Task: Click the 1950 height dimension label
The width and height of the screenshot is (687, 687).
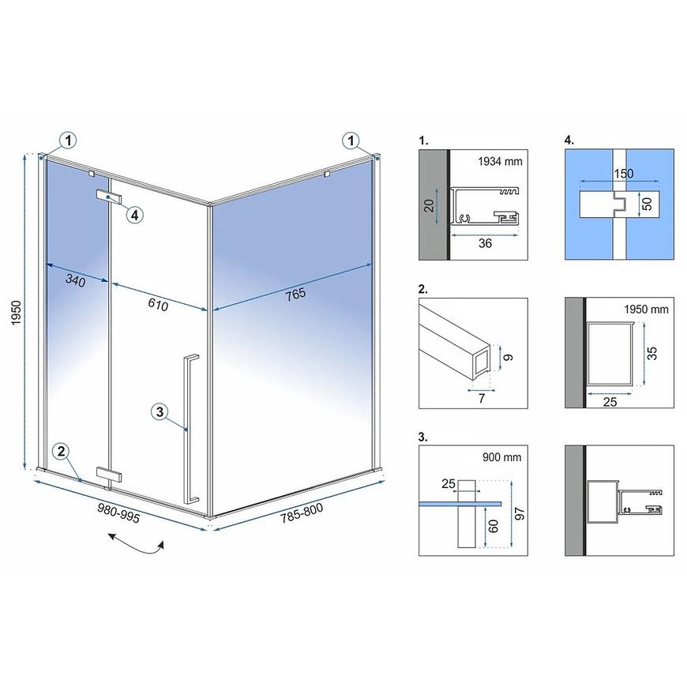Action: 17,313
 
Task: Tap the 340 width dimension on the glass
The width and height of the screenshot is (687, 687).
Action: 75,280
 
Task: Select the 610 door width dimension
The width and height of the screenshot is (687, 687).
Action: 158,304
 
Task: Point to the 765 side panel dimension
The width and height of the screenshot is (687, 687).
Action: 296,295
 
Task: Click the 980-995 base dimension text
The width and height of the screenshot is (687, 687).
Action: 118,513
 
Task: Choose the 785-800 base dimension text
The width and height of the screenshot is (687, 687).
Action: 302,512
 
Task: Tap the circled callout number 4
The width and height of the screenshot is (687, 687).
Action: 134,215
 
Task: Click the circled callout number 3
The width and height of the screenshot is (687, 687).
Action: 160,412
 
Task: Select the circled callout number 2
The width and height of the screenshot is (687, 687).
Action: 61,451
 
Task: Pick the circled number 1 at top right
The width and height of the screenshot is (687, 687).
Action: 351,141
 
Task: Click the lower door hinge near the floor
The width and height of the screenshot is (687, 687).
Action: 109,475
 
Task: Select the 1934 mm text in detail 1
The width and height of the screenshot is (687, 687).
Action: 500,161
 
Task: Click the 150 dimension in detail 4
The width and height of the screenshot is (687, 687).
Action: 623,174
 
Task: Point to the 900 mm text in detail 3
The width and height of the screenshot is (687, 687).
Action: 501,457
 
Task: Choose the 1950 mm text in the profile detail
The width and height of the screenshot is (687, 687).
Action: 646,310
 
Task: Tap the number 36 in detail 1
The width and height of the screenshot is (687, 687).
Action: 485,243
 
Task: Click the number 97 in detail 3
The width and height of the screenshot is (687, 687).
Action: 520,513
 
